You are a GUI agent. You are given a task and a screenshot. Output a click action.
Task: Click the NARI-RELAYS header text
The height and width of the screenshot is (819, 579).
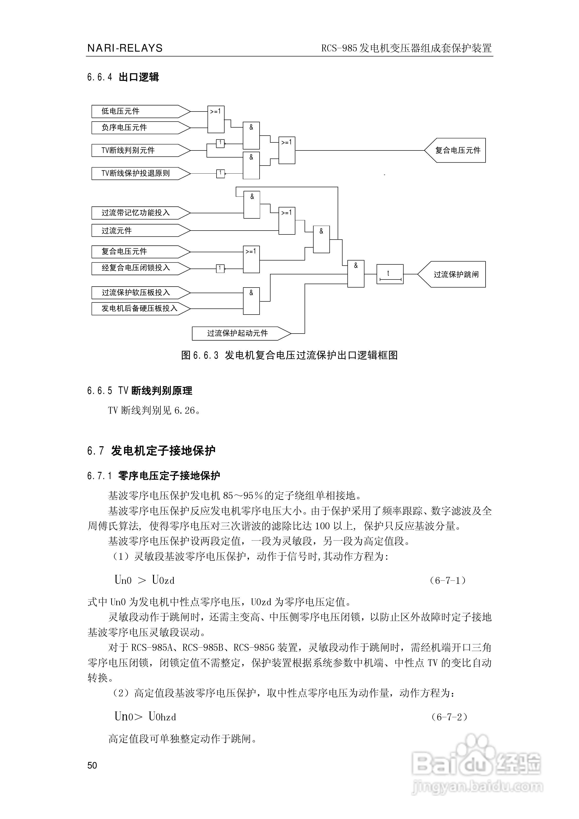point(125,48)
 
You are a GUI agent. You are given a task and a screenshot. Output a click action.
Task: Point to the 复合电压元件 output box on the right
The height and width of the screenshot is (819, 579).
point(456,150)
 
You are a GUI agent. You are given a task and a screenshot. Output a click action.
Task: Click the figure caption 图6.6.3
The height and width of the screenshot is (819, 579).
point(289,355)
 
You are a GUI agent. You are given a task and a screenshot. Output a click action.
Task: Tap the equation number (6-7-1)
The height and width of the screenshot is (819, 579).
point(448,580)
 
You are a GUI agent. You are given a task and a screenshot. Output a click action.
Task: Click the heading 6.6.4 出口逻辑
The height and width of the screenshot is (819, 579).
point(123,77)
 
